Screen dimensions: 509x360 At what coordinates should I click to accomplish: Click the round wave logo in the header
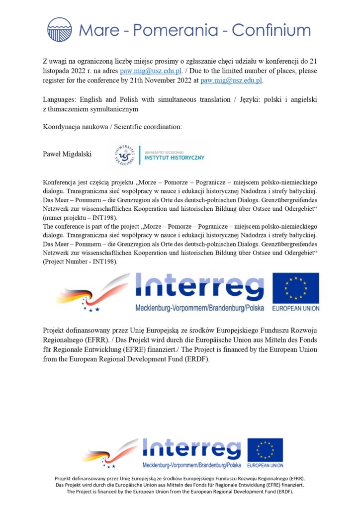tap(60, 29)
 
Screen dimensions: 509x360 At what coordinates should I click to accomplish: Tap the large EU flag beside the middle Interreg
tap(295, 289)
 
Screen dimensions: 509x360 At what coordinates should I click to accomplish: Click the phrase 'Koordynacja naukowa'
tap(76, 127)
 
